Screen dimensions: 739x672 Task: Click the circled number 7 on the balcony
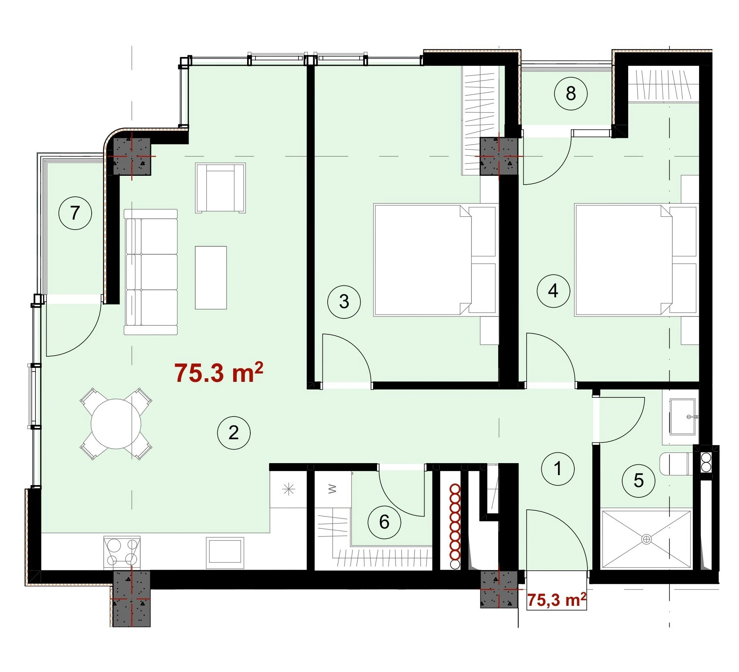(75, 213)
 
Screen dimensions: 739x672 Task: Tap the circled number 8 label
(570, 94)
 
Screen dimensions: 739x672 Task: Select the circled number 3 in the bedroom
(344, 302)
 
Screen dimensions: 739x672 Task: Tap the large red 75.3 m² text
(219, 373)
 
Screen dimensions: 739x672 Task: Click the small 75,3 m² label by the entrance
(556, 599)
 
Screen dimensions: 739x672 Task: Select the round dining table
(116, 424)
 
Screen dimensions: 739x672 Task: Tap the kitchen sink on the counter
(225, 553)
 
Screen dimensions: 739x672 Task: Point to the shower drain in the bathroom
(646, 539)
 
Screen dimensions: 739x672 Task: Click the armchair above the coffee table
(220, 188)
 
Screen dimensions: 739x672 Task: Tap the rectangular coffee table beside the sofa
(211, 277)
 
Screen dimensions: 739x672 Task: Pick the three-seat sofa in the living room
(151, 272)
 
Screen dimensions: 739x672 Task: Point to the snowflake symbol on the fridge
(288, 489)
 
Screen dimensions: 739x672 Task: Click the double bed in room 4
(637, 260)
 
